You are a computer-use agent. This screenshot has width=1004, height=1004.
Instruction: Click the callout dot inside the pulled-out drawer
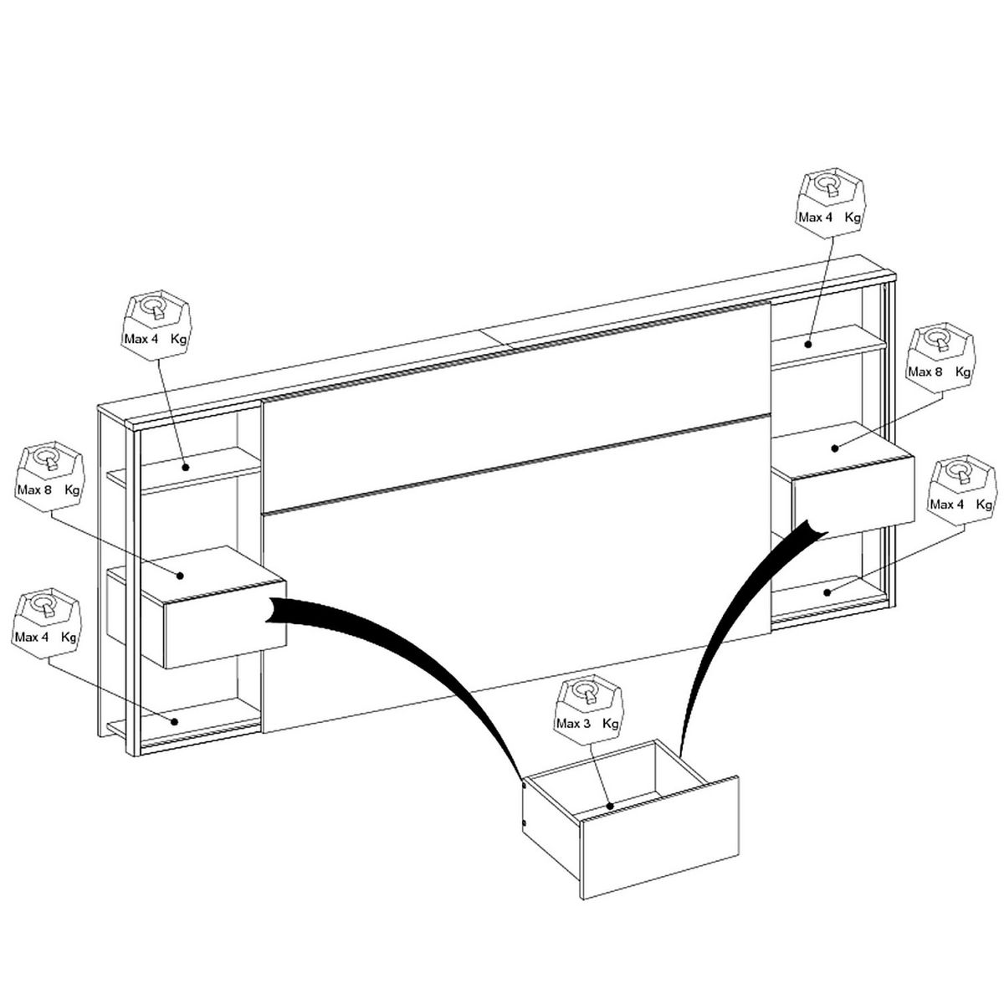point(611,807)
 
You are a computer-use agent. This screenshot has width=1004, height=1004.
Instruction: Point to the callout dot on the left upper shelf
point(187,467)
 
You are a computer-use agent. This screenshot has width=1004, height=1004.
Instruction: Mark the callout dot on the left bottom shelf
point(175,720)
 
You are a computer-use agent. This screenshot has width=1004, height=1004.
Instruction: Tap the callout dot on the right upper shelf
point(809,343)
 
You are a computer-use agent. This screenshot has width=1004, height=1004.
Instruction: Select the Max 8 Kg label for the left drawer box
point(48,489)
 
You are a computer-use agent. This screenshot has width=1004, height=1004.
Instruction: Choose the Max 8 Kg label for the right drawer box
point(940,371)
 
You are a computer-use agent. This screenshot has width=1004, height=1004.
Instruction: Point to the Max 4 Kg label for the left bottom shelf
point(46,638)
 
